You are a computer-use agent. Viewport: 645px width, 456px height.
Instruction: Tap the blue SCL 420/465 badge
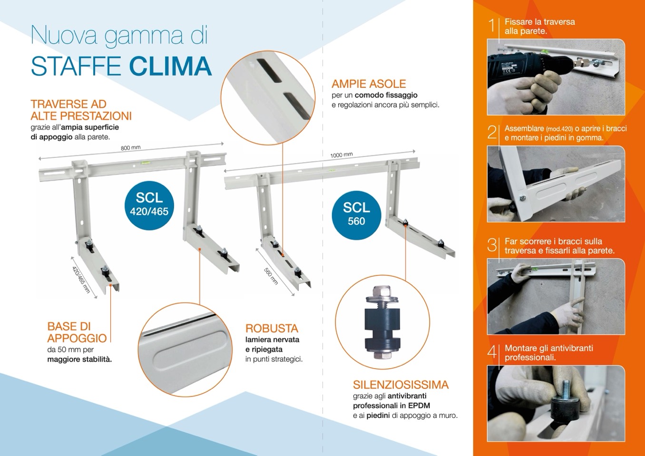point(149,205)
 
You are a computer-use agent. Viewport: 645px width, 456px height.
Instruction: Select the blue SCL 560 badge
point(356,215)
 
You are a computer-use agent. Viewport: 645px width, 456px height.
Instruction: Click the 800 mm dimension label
point(131,148)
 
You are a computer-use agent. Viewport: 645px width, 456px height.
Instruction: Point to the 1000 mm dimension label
point(342,155)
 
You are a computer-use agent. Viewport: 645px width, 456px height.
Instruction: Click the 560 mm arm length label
point(271,276)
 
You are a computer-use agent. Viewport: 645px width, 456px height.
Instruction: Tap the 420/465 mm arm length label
point(81,280)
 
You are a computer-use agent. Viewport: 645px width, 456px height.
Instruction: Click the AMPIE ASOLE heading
point(369,84)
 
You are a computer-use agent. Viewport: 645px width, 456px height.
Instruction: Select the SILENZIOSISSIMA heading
point(401,385)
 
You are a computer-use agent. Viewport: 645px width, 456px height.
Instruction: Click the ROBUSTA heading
point(272,329)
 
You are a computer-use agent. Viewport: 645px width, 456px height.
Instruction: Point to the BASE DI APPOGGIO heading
point(77,332)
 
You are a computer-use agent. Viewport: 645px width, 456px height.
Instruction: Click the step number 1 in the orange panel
point(492,25)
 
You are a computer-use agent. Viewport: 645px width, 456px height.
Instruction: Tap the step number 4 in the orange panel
point(492,352)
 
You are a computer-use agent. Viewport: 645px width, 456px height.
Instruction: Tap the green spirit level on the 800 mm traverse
point(143,163)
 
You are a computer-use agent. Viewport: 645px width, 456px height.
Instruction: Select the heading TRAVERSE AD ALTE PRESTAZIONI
point(81,110)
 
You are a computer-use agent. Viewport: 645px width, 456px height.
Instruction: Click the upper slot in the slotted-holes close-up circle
point(269,70)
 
